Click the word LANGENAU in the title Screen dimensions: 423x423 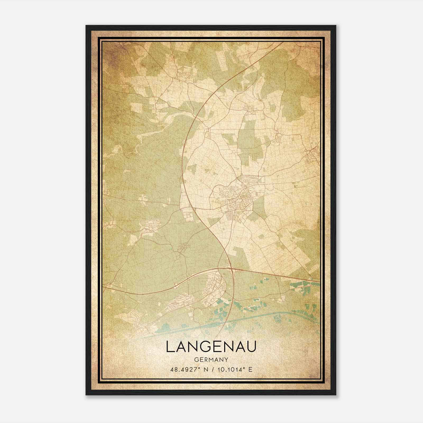click(x=211, y=347)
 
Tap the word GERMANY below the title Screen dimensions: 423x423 click(x=211, y=360)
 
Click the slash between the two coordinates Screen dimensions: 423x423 click(x=211, y=369)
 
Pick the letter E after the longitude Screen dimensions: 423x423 click(x=251, y=369)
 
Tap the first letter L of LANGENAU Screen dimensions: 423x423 click(x=170, y=347)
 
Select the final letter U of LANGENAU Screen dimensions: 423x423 click(x=252, y=347)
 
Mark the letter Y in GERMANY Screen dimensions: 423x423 click(x=226, y=360)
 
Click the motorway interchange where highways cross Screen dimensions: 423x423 click(x=232, y=269)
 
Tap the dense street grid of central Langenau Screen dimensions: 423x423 click(x=239, y=201)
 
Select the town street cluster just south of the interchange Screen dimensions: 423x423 click(x=215, y=286)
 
